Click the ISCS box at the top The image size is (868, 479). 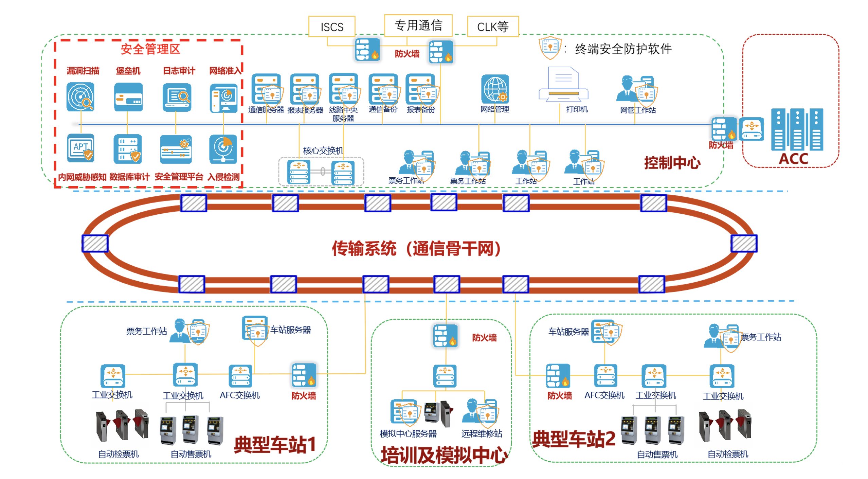coord(332,26)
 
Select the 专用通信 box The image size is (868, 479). coord(418,25)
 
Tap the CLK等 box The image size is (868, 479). coord(493,26)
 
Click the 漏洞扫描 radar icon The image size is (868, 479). coord(80,97)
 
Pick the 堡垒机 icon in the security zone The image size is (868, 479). coord(128,97)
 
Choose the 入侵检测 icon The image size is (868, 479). coord(223,149)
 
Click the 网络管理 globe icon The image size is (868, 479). coord(495,89)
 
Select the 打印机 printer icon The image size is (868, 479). coord(563,85)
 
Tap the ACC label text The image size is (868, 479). coord(793,159)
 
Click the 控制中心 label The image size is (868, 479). coord(672,163)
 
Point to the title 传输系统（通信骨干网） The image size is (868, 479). coord(416,248)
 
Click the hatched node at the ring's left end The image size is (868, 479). coord(95,244)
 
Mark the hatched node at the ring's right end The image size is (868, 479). coord(744,244)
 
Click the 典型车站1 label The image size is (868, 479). coord(275,445)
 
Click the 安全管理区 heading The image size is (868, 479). coord(150,49)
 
